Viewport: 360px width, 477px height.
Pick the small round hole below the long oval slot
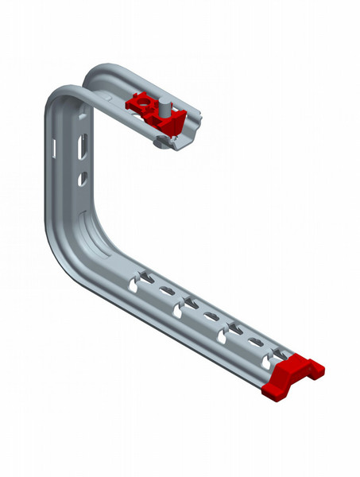tap(81, 180)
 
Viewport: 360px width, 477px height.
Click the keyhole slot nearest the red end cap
tap(273, 352)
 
